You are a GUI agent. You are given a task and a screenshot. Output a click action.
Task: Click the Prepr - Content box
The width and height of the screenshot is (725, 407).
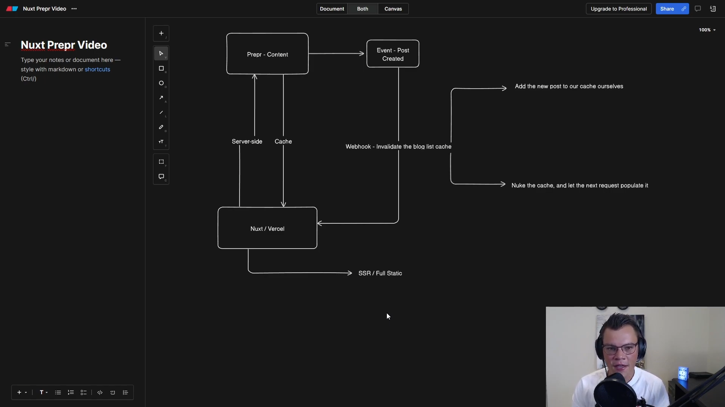pyautogui.click(x=267, y=54)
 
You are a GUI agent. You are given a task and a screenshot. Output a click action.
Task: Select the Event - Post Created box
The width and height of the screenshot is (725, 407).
pyautogui.click(x=393, y=54)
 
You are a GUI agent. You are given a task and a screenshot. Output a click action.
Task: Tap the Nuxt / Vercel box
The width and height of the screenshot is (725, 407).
pyautogui.click(x=267, y=228)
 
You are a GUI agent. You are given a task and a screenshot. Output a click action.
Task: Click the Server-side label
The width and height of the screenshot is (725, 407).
pyautogui.click(x=247, y=141)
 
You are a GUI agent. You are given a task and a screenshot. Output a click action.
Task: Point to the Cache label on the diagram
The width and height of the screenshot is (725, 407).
pyautogui.click(x=283, y=141)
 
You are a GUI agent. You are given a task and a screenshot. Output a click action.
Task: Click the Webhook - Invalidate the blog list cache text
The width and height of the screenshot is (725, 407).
pyautogui.click(x=398, y=146)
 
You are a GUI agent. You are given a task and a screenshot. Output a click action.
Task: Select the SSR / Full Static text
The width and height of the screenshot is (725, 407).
pyautogui.click(x=380, y=273)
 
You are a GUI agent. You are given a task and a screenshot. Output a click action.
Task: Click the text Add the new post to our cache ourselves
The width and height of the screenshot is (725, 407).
pyautogui.click(x=569, y=86)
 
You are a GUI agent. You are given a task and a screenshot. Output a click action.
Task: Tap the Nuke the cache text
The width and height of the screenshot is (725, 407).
pyautogui.click(x=580, y=185)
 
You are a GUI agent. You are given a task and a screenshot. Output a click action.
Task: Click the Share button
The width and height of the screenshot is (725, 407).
pyautogui.click(x=667, y=9)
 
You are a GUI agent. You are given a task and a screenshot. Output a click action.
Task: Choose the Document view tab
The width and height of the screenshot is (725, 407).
pyautogui.click(x=332, y=9)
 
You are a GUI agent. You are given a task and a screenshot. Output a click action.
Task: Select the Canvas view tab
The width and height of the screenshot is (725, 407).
pyautogui.click(x=393, y=9)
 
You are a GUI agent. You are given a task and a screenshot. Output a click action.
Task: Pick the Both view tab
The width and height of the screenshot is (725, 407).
pyautogui.click(x=362, y=9)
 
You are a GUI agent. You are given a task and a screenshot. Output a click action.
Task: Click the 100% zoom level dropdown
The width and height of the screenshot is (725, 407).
pyautogui.click(x=707, y=30)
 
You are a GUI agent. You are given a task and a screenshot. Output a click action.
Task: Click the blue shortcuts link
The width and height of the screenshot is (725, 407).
pyautogui.click(x=97, y=69)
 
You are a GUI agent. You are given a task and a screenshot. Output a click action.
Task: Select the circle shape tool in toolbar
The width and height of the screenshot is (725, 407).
pyautogui.click(x=161, y=83)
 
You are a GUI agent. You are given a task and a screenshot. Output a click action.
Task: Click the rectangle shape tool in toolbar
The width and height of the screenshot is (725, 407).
pyautogui.click(x=161, y=68)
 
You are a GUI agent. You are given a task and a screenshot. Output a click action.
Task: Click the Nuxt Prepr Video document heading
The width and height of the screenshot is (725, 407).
pyautogui.click(x=64, y=45)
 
